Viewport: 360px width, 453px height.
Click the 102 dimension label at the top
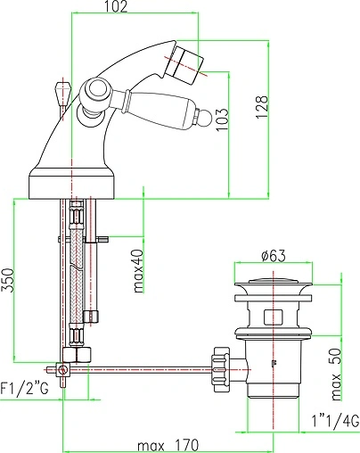[117, 6]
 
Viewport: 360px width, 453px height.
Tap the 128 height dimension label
[262, 107]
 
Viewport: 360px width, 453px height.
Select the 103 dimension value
[223, 119]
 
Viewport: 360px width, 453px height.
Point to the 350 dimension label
[7, 280]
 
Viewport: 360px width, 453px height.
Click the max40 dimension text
[138, 271]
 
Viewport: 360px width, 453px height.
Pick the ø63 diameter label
[274, 256]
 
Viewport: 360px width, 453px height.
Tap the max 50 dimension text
[336, 375]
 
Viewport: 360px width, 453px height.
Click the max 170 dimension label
[168, 446]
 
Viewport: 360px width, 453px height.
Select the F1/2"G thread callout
[24, 389]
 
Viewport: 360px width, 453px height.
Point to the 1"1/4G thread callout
[335, 422]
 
